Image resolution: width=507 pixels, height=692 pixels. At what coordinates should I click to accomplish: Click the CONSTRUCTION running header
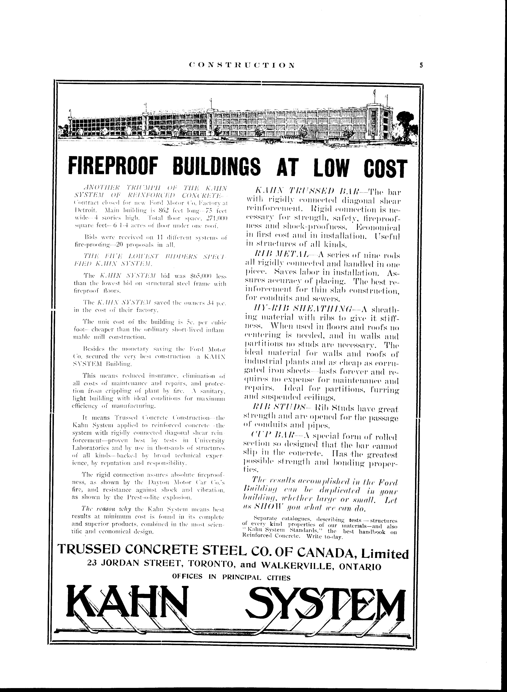(242, 65)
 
